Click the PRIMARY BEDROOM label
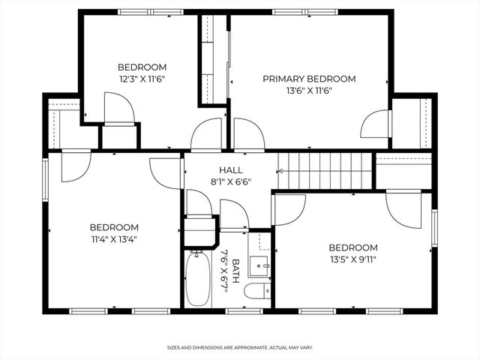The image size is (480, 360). (308, 79)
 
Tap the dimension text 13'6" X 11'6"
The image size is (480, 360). (308, 91)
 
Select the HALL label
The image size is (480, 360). (230, 170)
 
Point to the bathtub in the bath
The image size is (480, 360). (199, 278)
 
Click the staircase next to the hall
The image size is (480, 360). (325, 171)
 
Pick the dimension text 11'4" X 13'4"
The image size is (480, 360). (114, 239)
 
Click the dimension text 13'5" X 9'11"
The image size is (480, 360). (352, 259)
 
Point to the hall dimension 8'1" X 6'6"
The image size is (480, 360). (230, 181)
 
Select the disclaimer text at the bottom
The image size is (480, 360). (240, 348)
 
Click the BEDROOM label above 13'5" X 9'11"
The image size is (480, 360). (352, 247)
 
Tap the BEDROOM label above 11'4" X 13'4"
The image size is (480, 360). (114, 227)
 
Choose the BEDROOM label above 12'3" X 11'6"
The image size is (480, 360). (142, 67)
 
